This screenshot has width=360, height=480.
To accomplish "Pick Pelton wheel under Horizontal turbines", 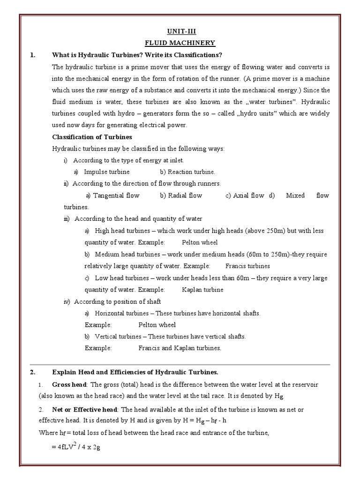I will click(157, 325).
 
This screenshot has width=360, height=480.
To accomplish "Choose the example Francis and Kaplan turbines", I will click(180, 348).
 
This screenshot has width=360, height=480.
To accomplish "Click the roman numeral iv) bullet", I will click(67, 301).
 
